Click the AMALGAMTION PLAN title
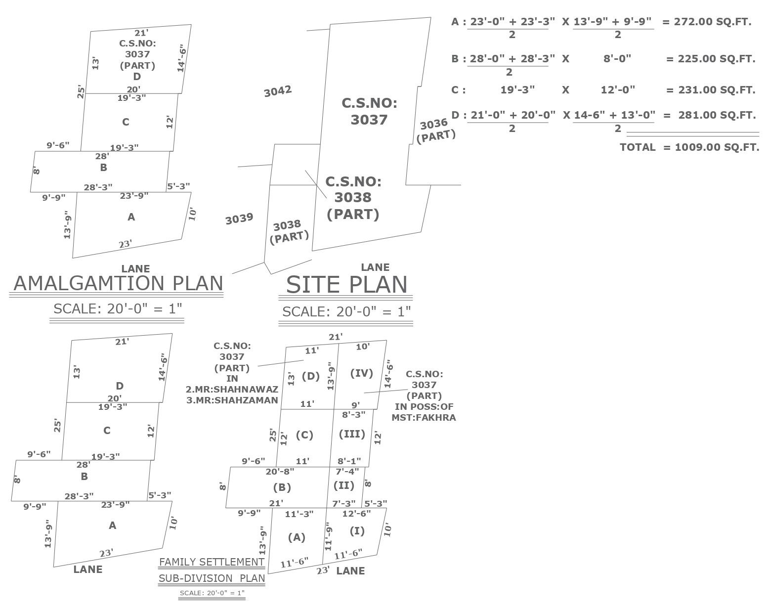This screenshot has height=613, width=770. pyautogui.click(x=118, y=283)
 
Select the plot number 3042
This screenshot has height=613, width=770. pyautogui.click(x=278, y=91)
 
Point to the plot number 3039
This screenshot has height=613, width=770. pyautogui.click(x=239, y=219)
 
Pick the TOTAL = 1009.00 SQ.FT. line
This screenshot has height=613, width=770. pyautogui.click(x=689, y=147)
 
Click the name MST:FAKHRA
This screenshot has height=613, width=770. pyautogui.click(x=424, y=418)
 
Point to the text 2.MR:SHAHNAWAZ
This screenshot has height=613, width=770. pyautogui.click(x=232, y=390)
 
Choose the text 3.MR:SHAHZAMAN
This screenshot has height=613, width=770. pyautogui.click(x=232, y=400)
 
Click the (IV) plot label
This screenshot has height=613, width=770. pyautogui.click(x=361, y=373)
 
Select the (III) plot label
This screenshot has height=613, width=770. pyautogui.click(x=352, y=434)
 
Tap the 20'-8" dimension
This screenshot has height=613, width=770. pyautogui.click(x=280, y=472)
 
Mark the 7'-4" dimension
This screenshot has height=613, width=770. pyautogui.click(x=347, y=472)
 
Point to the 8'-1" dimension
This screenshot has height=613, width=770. pyautogui.click(x=349, y=461)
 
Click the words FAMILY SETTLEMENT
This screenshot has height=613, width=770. pyautogui.click(x=212, y=562)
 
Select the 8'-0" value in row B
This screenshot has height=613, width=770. pyautogui.click(x=617, y=58)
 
